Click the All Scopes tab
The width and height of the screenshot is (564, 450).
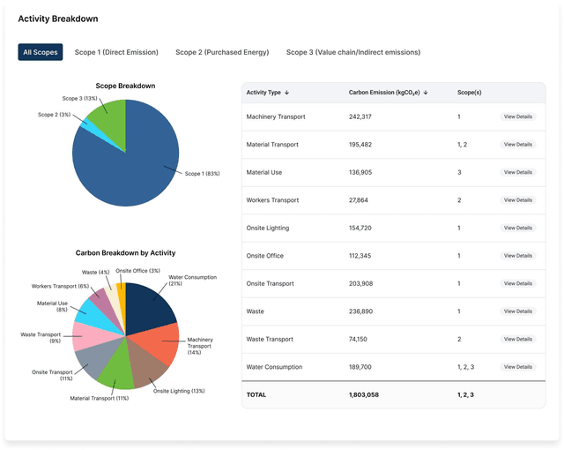(x=41, y=52)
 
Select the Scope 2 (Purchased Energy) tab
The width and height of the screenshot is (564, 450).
(x=222, y=52)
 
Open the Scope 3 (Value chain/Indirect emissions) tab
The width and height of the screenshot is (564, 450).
(x=352, y=52)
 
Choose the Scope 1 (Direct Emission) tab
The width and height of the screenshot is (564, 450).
(x=116, y=52)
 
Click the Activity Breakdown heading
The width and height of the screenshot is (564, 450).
(x=58, y=19)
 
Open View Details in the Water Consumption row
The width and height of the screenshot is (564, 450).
(x=517, y=367)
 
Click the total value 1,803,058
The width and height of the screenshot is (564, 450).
(x=364, y=394)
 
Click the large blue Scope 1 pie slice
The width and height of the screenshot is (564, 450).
(x=123, y=163)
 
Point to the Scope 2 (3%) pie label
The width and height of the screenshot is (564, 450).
(x=54, y=115)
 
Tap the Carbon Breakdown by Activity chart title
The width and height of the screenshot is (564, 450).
(x=125, y=252)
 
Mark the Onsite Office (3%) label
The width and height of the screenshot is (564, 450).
(x=137, y=271)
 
